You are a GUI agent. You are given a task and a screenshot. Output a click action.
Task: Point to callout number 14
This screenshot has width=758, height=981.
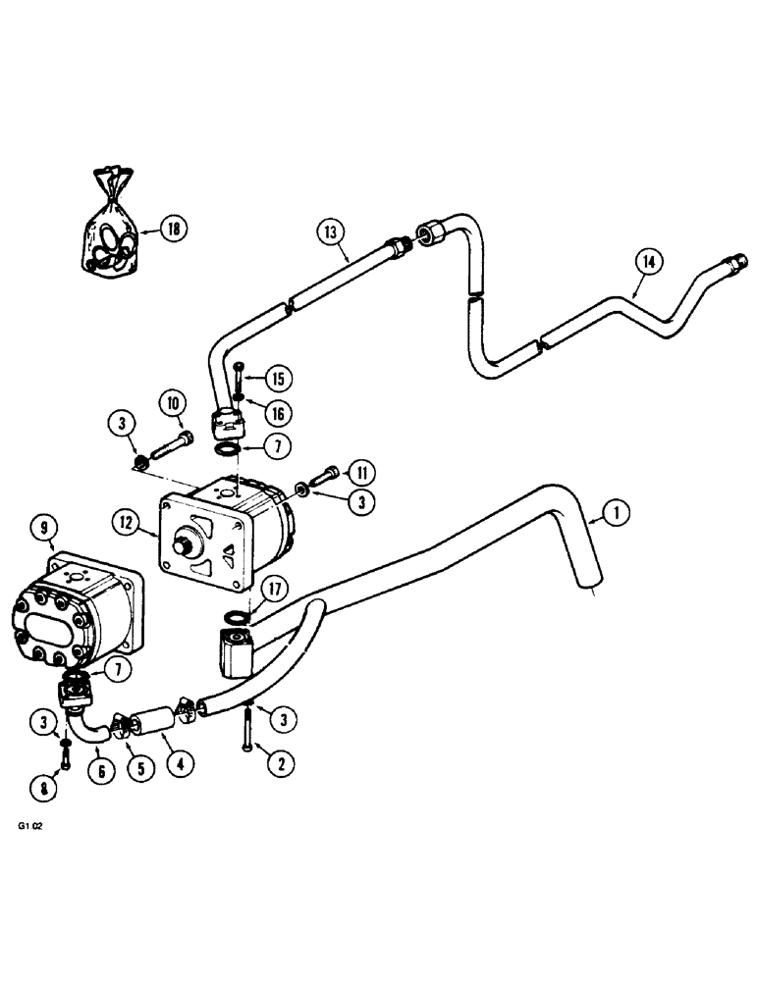pyautogui.click(x=649, y=262)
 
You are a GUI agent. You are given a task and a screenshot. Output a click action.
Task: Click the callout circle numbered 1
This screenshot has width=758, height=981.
pyautogui.click(x=616, y=511)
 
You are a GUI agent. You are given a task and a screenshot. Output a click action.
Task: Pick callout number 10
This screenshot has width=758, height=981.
pyautogui.click(x=173, y=402)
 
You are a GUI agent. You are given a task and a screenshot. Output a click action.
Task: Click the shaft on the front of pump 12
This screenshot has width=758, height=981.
pyautogui.click(x=184, y=541)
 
